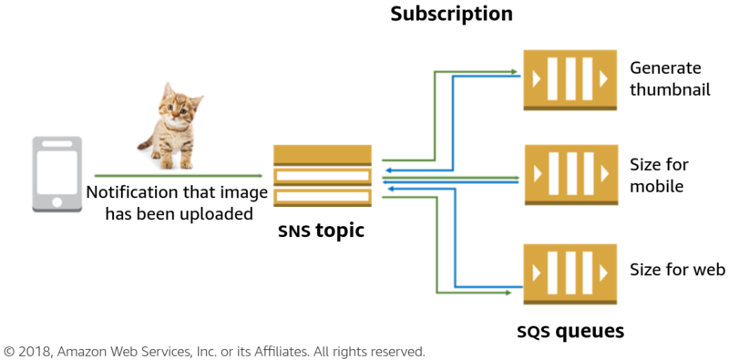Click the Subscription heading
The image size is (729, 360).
[451, 15]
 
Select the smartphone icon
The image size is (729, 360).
[57, 176]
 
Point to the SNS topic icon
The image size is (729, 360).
[323, 177]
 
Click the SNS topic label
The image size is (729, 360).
[321, 231]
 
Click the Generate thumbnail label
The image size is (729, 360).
[670, 79]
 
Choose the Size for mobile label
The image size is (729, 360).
[659, 175]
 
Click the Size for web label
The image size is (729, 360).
[677, 270]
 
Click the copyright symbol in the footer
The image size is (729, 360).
[10, 351]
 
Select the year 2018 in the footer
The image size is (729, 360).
[36, 351]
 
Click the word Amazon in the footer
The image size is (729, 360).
[88, 351]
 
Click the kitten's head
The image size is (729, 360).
[178, 105]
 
